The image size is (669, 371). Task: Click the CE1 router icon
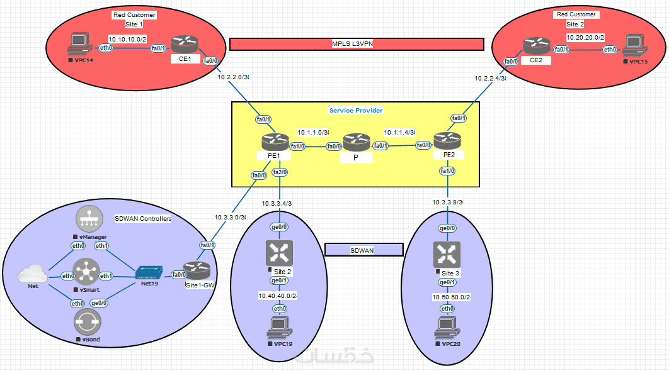[185, 45]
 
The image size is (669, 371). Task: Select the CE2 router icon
[536, 47]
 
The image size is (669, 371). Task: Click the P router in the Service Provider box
[355, 144]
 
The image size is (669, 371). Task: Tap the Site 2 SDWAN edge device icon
[277, 253]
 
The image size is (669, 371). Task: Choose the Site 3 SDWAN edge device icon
[447, 253]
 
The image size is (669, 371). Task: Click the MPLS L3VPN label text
[356, 43]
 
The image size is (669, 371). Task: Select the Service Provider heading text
[356, 110]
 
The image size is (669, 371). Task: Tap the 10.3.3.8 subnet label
[447, 202]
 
